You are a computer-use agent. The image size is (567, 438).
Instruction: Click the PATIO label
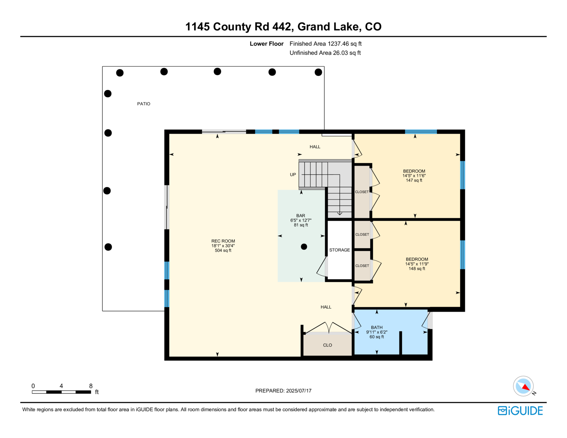click(x=144, y=104)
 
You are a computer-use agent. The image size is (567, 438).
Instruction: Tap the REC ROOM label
click(x=223, y=241)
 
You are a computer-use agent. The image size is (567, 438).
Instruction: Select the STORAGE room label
click(x=339, y=250)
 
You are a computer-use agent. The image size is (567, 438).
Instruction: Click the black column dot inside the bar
click(x=304, y=247)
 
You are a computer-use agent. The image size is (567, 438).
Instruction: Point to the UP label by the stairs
click(x=293, y=174)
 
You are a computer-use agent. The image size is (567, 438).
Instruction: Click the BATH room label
click(x=377, y=327)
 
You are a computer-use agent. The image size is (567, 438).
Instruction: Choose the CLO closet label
click(x=327, y=345)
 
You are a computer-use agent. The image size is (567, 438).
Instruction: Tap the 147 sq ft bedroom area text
click(x=414, y=180)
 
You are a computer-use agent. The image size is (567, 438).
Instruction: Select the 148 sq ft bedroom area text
click(x=417, y=269)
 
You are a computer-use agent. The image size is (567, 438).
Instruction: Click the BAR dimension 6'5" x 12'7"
click(x=301, y=220)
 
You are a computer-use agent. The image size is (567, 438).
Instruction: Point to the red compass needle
click(x=526, y=387)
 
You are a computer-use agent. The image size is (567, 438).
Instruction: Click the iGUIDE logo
click(x=520, y=411)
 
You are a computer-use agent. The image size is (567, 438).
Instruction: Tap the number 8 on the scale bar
click(x=91, y=386)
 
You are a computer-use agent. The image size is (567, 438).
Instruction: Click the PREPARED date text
click(x=283, y=391)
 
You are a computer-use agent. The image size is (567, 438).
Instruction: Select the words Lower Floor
click(x=266, y=44)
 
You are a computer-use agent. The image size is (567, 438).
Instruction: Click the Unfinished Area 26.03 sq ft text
click(x=325, y=53)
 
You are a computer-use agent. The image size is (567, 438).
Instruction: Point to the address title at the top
click(x=283, y=27)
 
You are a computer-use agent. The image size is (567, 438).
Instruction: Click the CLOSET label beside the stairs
click(x=362, y=192)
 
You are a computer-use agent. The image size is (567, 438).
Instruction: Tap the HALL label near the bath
click(x=326, y=307)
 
